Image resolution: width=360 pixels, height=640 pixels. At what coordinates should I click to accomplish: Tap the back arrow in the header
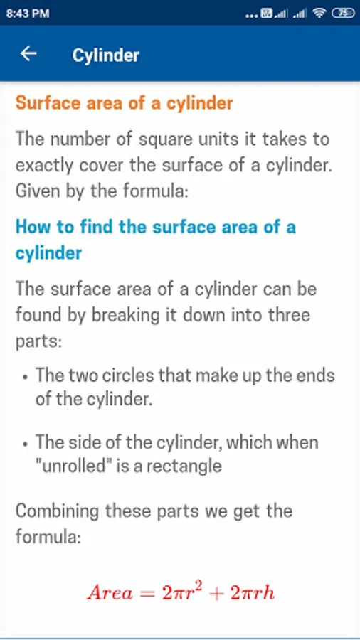click(28, 53)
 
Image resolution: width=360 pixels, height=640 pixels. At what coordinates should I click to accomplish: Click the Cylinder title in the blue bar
click(106, 55)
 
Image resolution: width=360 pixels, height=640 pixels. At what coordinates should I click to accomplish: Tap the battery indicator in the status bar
click(343, 14)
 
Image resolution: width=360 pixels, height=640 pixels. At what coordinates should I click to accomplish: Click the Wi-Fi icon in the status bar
click(319, 14)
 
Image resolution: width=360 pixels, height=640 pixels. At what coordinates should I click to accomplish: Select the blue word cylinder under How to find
click(48, 254)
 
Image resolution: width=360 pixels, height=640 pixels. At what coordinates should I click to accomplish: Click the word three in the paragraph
click(287, 315)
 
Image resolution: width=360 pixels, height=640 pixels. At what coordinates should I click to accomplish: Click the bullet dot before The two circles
click(26, 377)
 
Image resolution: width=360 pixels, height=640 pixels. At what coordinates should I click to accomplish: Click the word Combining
click(57, 512)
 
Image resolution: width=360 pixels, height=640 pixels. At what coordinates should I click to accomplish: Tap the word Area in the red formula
click(110, 593)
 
